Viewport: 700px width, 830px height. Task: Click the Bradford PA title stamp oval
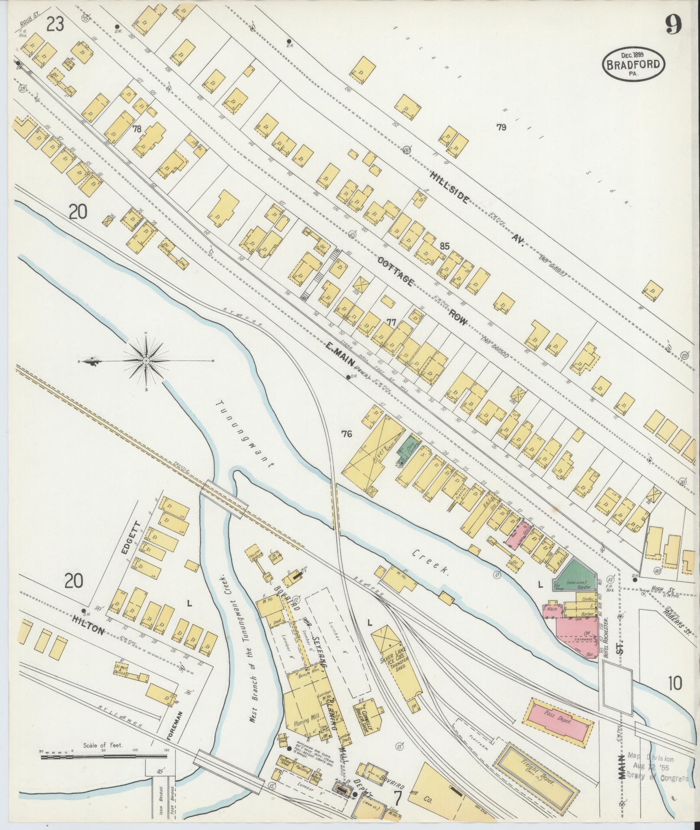point(633,65)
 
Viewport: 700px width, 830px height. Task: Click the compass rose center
point(147,361)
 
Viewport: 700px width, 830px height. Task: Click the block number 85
point(444,246)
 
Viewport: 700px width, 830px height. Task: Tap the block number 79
point(501,127)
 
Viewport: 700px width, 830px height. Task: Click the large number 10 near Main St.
point(675,685)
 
